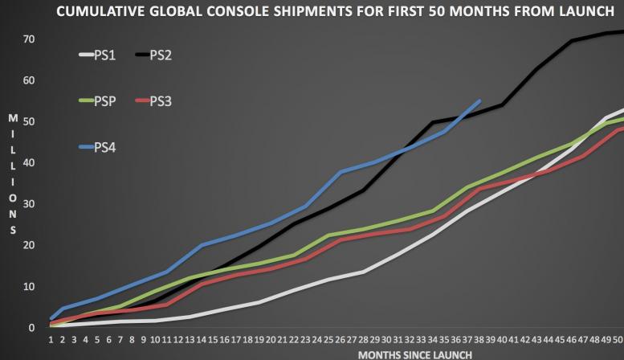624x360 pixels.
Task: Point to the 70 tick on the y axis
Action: tap(29, 39)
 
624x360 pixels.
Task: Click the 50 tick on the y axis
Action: tap(29, 121)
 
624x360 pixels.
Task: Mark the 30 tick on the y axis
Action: tap(29, 204)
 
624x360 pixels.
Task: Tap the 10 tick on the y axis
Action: tap(29, 287)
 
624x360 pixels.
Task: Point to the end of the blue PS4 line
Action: tap(479, 101)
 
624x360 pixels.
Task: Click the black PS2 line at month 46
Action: tap(572, 40)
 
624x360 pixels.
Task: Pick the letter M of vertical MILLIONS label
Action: tap(11, 118)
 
